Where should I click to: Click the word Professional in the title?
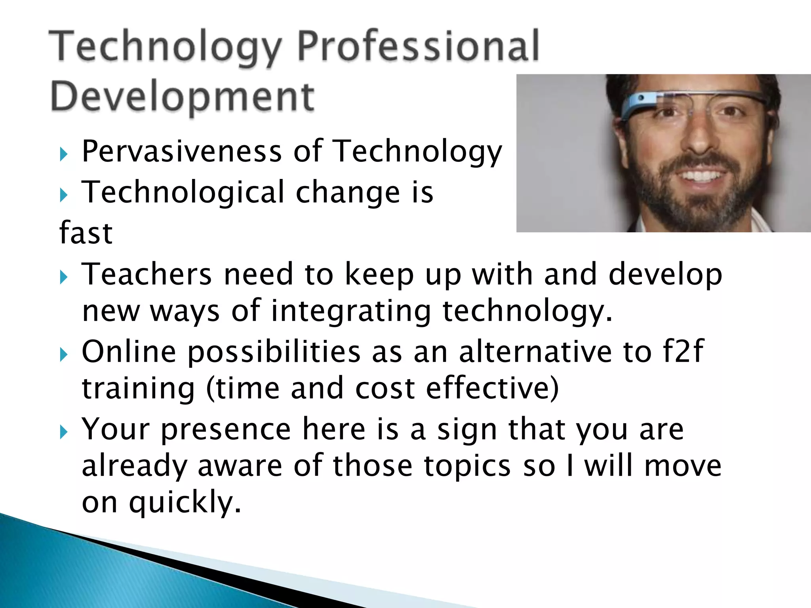418,47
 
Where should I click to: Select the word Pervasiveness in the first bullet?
182,151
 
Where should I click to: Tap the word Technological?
183,192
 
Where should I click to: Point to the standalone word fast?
86,233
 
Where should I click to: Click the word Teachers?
147,274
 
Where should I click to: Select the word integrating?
351,311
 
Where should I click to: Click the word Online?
129,351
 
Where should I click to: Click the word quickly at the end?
185,502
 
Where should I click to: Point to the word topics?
467,465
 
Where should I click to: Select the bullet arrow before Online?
64,354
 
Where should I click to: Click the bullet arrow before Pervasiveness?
64,154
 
